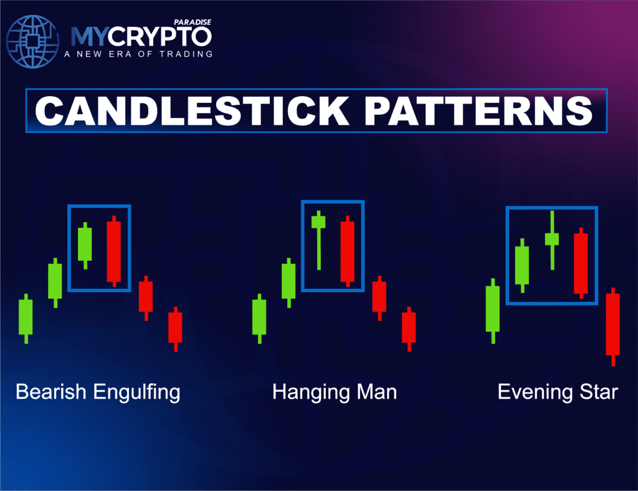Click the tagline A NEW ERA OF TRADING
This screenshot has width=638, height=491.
click(x=138, y=54)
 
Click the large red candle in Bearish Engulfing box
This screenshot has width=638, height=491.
click(x=113, y=251)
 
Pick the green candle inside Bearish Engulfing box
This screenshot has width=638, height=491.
click(x=85, y=244)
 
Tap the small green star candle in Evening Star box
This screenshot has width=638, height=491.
click(x=552, y=238)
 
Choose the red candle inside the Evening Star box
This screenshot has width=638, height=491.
click(x=581, y=263)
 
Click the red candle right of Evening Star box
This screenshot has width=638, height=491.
click(x=613, y=324)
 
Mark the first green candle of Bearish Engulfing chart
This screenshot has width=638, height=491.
click(x=26, y=318)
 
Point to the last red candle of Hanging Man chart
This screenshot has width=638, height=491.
click(x=409, y=328)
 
